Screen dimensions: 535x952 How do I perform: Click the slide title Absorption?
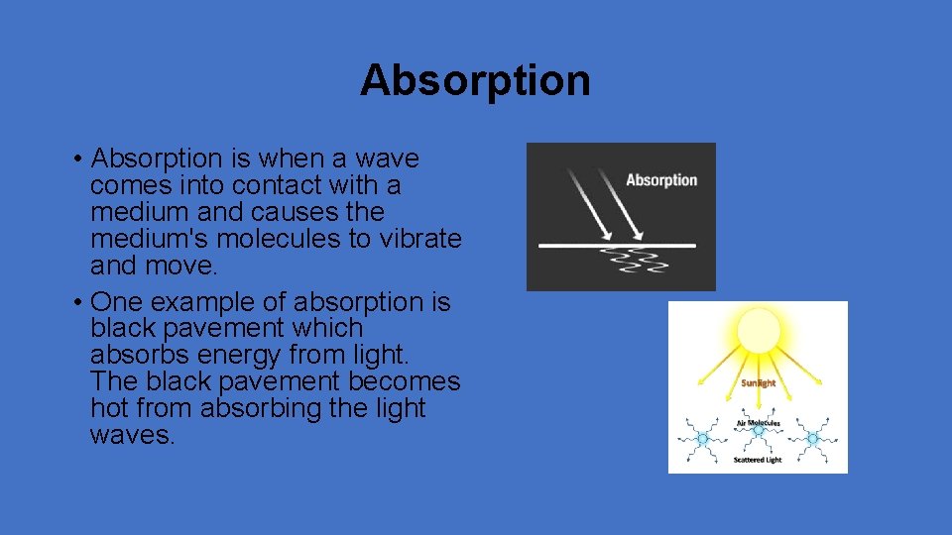tap(475, 80)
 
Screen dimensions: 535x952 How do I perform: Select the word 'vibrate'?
tap(412, 239)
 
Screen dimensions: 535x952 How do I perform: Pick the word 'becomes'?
tap(411, 381)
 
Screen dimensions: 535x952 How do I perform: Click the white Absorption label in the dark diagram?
tap(661, 180)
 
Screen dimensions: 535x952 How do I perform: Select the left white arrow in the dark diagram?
tap(588, 203)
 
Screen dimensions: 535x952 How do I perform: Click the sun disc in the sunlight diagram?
tap(759, 331)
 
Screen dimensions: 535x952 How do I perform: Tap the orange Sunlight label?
tap(759, 382)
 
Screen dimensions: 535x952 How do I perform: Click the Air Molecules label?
tap(759, 423)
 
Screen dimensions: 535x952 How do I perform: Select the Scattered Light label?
tap(759, 460)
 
